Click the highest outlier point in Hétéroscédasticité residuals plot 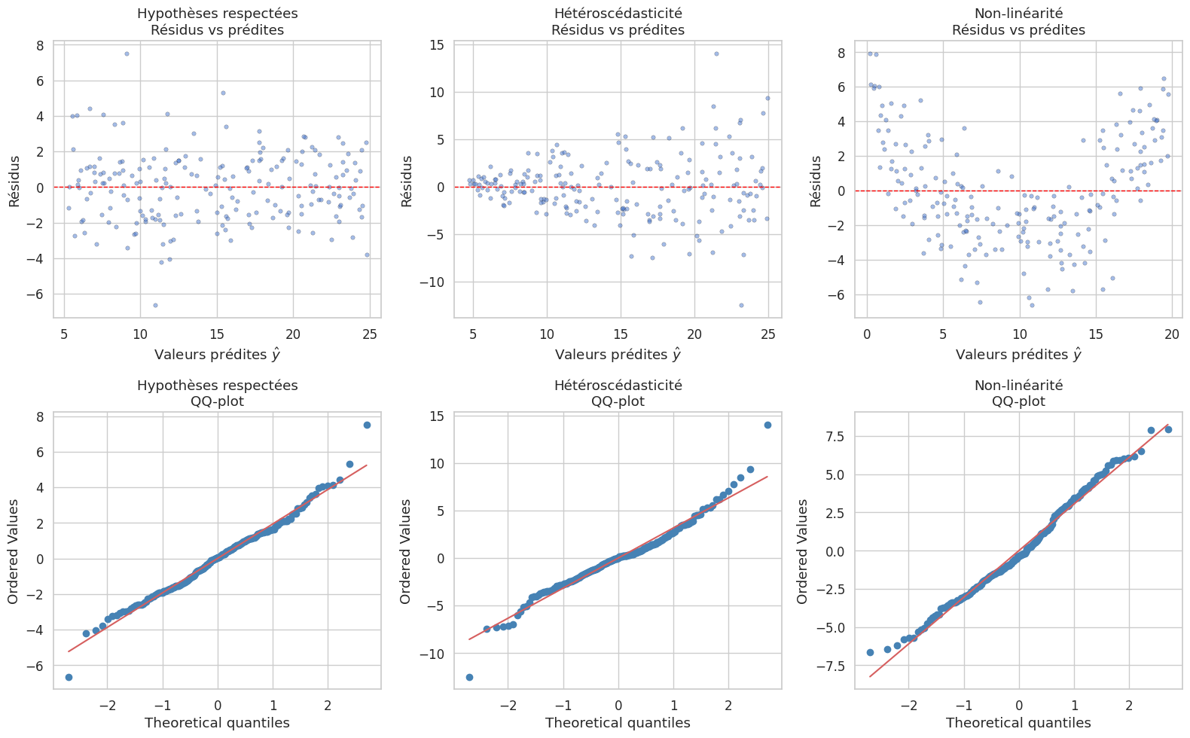click(x=716, y=53)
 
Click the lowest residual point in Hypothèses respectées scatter click(x=155, y=305)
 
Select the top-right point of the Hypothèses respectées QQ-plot click(x=367, y=425)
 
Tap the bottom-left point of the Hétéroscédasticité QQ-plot click(x=469, y=677)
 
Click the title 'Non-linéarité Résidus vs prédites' click(x=1018, y=22)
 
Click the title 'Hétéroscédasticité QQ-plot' click(x=618, y=393)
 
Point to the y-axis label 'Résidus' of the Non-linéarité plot click(x=816, y=181)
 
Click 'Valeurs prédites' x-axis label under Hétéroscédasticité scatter click(x=618, y=354)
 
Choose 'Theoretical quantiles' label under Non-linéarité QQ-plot click(x=1018, y=723)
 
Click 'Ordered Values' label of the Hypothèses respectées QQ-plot click(x=14, y=551)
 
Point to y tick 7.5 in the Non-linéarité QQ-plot click(x=835, y=437)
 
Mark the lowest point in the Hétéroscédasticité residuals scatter click(x=741, y=305)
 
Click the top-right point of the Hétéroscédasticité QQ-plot click(x=767, y=425)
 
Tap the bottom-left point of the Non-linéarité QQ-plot click(x=870, y=652)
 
